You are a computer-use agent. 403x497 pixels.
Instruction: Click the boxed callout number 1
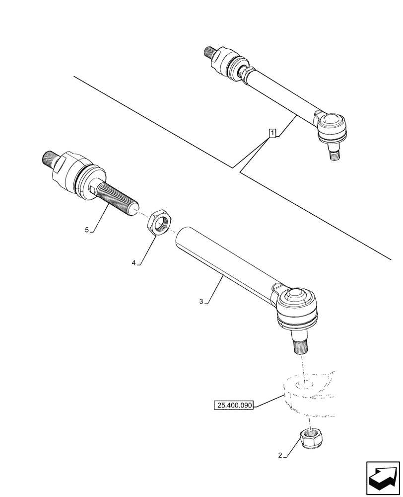click(272, 133)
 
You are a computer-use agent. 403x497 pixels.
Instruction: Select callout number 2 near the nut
click(280, 455)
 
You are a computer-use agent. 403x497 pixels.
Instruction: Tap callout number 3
click(201, 301)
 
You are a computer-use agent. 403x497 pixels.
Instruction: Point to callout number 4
click(134, 263)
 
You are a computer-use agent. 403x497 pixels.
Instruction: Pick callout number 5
click(87, 230)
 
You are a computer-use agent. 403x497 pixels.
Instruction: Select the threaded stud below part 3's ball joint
click(299, 343)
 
